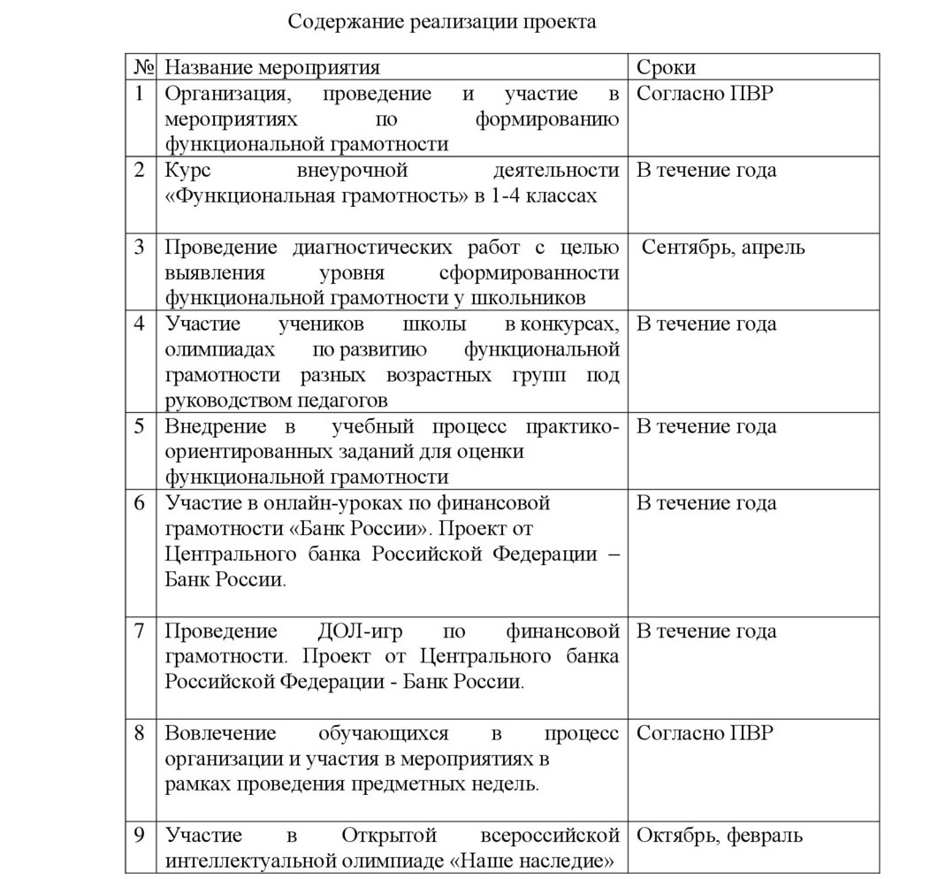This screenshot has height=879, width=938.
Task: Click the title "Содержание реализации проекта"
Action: [x=442, y=22]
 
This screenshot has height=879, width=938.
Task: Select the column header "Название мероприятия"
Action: [x=272, y=68]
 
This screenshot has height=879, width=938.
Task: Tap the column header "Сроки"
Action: [x=666, y=68]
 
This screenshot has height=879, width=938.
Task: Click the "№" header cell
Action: [x=143, y=68]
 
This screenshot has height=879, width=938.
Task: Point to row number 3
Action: [x=140, y=247]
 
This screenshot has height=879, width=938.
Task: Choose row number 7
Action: [x=140, y=631]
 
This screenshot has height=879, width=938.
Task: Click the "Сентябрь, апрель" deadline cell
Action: [x=723, y=247]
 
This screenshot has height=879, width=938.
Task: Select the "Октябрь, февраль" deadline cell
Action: [x=720, y=835]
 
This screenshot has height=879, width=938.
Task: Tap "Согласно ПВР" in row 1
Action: [x=705, y=94]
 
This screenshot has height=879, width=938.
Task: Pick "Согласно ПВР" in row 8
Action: [x=705, y=733]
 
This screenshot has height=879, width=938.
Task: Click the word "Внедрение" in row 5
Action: [x=216, y=426]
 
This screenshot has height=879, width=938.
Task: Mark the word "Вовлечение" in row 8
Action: [x=220, y=733]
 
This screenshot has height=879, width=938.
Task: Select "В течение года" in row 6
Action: [x=706, y=503]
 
